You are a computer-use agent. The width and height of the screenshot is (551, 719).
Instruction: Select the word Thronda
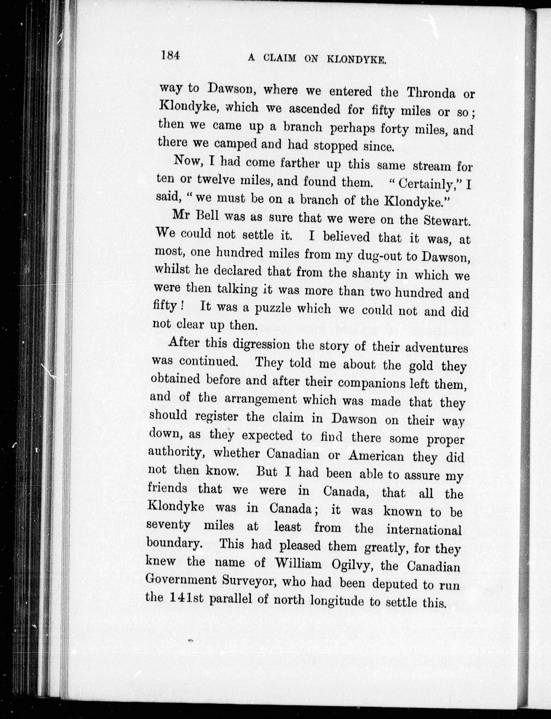point(431,93)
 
